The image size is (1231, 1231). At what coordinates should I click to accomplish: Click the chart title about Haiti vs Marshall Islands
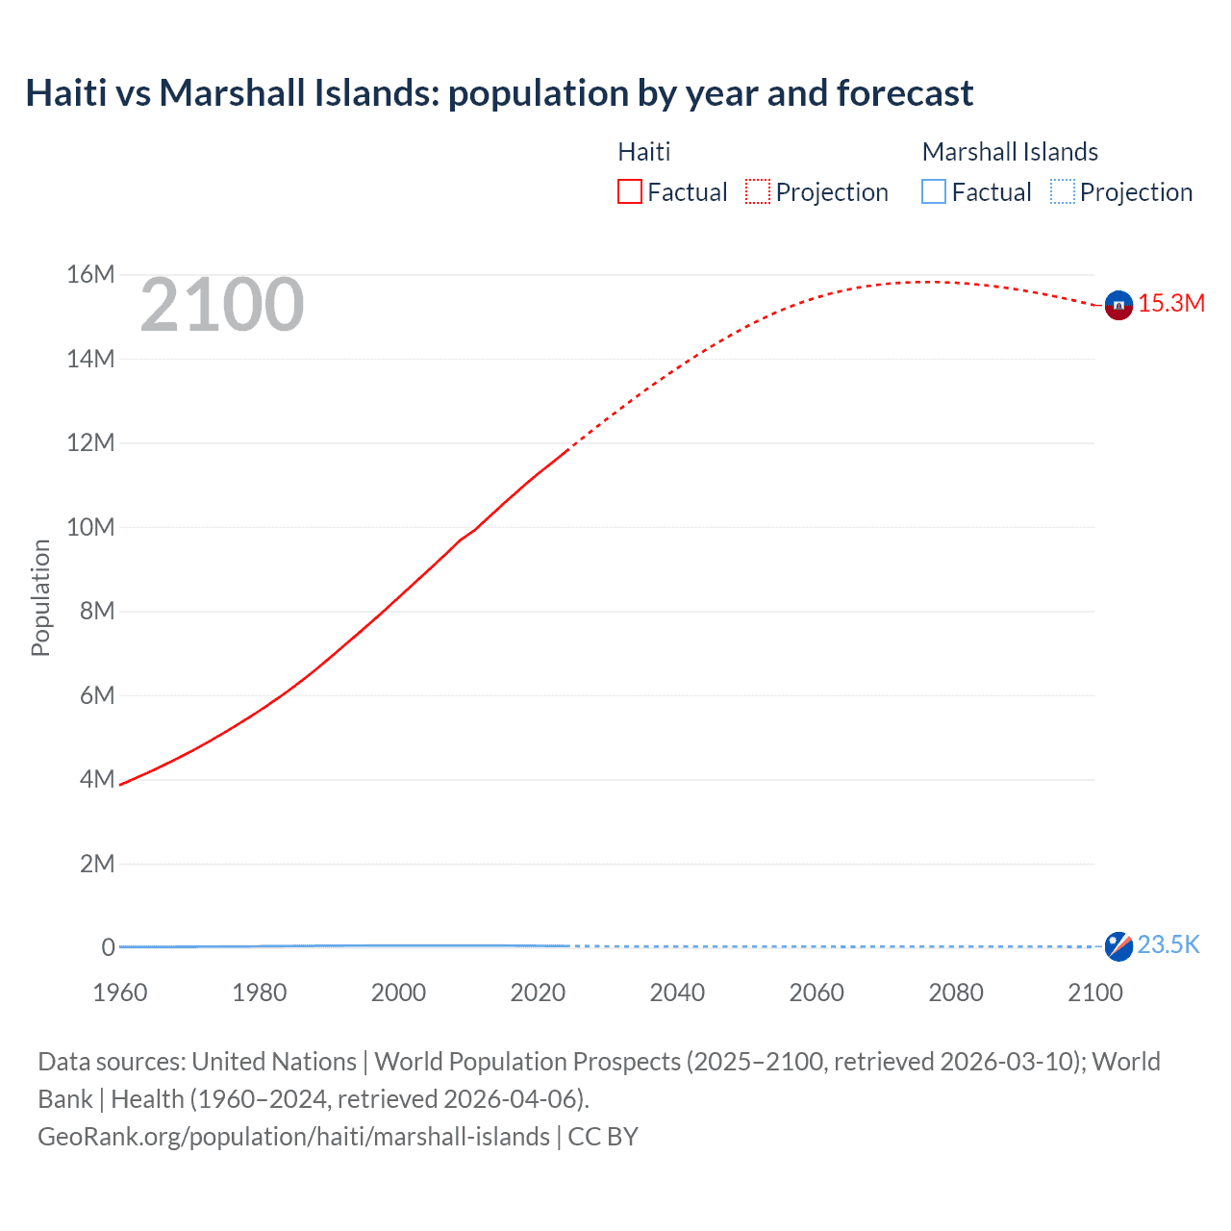(x=499, y=93)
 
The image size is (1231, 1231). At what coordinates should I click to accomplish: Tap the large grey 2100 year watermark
(x=222, y=306)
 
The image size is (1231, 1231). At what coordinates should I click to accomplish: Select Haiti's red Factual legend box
(x=629, y=192)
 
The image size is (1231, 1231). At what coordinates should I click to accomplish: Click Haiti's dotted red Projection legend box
(x=758, y=192)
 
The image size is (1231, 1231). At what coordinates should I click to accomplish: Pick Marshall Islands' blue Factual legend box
(x=934, y=192)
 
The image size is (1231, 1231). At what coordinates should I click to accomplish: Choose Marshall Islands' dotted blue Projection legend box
(x=1062, y=192)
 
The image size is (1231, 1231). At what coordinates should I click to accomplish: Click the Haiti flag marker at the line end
(x=1118, y=305)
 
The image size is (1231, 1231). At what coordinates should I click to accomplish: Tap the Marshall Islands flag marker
(x=1118, y=946)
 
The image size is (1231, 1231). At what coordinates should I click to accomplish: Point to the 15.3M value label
(x=1171, y=304)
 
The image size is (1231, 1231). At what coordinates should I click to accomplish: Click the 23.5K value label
(x=1168, y=945)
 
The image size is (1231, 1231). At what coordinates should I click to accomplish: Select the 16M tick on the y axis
(x=90, y=275)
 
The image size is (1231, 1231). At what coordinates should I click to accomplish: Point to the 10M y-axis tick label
(x=90, y=527)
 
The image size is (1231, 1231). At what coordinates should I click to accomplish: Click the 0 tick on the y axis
(x=108, y=947)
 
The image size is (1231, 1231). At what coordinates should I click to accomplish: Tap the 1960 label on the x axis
(x=120, y=992)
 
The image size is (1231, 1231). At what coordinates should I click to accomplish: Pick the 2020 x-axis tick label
(x=538, y=992)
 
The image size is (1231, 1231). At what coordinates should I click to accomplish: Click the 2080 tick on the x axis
(x=956, y=992)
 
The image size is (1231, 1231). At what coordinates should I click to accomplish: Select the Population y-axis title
(x=40, y=597)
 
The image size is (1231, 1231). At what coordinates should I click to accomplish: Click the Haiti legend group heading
(x=643, y=152)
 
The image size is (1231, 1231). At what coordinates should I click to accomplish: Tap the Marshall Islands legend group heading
(x=1010, y=152)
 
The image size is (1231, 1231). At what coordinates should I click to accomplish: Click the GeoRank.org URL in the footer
(x=293, y=1137)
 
